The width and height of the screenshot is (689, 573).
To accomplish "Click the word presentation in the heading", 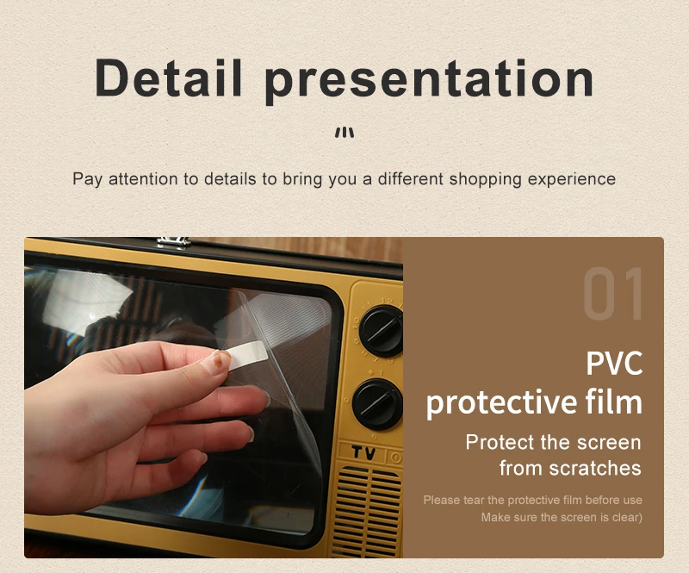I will click(429, 79).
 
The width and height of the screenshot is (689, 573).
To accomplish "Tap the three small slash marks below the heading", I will click(344, 133).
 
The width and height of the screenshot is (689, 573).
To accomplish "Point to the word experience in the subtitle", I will click(572, 179).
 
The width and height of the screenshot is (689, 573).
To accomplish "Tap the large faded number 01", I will click(613, 296).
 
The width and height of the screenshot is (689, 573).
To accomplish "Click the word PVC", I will click(614, 363).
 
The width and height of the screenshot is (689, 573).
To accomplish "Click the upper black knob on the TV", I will click(380, 331).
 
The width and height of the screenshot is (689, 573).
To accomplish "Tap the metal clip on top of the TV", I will click(174, 241).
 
